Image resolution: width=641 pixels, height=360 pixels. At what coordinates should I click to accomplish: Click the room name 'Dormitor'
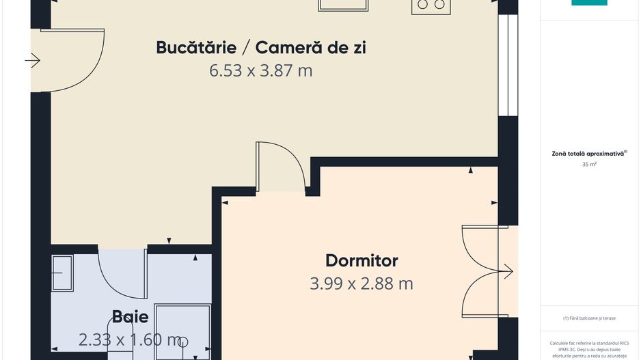[362, 260]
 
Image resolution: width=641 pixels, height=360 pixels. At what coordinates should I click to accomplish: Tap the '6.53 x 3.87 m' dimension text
[261, 70]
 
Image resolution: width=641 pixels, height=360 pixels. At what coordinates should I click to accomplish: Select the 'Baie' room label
[130, 317]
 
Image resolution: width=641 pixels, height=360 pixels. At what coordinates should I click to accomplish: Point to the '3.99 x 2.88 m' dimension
[362, 283]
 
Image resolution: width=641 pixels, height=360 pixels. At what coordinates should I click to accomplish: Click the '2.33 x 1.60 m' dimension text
[130, 340]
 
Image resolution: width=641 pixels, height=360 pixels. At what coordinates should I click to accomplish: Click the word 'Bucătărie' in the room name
[196, 48]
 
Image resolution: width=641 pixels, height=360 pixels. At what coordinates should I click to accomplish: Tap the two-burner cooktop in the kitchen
[431, 5]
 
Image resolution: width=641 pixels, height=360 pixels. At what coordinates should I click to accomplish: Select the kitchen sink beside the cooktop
[344, 5]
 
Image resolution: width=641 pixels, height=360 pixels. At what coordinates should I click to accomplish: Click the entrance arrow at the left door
[33, 61]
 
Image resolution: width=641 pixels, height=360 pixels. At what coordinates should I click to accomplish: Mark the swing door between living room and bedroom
[280, 167]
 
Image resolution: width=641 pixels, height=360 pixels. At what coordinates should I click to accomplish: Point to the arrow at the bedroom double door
[506, 271]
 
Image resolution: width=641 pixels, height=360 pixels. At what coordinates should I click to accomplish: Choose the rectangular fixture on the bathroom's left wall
[62, 273]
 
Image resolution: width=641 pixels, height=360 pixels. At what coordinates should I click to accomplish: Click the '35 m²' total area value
[588, 165]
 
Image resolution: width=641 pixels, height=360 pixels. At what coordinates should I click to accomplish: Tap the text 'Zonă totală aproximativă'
[587, 154]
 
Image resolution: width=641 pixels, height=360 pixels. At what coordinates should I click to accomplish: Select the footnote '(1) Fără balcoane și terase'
[588, 318]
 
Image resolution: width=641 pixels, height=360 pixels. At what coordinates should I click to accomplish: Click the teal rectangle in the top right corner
[589, 3]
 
